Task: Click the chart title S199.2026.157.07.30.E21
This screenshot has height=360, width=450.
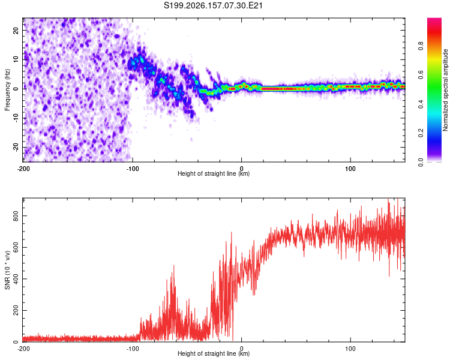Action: (x=213, y=5)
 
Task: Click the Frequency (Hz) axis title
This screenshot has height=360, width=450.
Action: (x=7, y=90)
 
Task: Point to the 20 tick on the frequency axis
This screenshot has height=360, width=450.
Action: (x=16, y=30)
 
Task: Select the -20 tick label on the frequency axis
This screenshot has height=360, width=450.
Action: (x=16, y=148)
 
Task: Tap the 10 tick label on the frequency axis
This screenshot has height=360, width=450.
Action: (x=16, y=59)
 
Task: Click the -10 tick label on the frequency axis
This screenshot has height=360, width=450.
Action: (x=16, y=118)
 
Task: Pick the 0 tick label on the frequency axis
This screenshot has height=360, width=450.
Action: (x=16, y=89)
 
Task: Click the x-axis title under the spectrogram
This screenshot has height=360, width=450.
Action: (x=214, y=173)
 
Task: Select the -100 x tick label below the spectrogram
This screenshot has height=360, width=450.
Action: (x=133, y=169)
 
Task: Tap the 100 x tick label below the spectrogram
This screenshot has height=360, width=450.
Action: (x=350, y=169)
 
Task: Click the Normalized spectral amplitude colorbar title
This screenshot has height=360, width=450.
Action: (x=445, y=90)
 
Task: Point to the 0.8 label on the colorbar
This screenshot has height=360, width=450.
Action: (x=421, y=46)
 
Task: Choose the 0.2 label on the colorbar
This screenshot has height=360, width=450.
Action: (x=421, y=133)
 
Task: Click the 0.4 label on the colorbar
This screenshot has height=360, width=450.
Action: (x=421, y=104)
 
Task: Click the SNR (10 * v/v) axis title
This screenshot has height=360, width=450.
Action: (x=7, y=270)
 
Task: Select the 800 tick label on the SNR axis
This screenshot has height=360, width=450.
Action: (x=16, y=216)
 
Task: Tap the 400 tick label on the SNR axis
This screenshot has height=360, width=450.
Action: (x=16, y=279)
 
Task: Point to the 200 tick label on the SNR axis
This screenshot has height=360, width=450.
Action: (x=16, y=310)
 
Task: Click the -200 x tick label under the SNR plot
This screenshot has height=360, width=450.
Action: (x=23, y=349)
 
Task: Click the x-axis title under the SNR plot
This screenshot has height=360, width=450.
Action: (x=214, y=353)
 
